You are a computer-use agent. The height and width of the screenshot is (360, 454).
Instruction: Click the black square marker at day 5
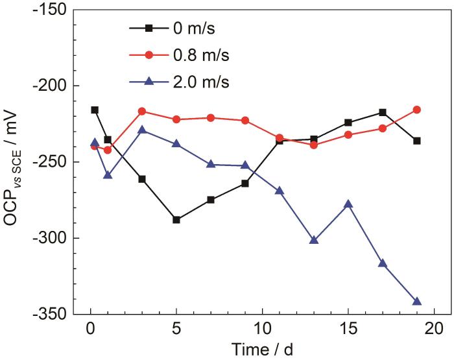click(176, 220)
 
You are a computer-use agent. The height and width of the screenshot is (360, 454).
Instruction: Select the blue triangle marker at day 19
click(416, 302)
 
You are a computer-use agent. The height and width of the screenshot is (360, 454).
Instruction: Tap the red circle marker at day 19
click(416, 110)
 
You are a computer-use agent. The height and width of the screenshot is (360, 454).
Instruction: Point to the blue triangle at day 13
click(314, 240)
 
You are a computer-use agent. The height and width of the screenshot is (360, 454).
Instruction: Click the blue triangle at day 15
click(348, 204)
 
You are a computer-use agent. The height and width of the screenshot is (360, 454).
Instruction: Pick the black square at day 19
click(416, 141)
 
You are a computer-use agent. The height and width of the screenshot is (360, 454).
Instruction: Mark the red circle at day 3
click(142, 112)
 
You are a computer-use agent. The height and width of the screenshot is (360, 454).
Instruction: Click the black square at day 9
click(245, 184)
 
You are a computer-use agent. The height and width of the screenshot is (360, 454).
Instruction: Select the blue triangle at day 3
click(142, 130)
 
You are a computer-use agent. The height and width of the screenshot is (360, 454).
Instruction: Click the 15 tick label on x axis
click(348, 328)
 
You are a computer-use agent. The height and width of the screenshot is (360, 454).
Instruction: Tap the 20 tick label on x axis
click(433, 328)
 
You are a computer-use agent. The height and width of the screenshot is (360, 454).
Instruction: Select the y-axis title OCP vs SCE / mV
click(14, 162)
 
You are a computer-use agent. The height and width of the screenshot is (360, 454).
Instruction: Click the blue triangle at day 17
click(383, 263)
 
